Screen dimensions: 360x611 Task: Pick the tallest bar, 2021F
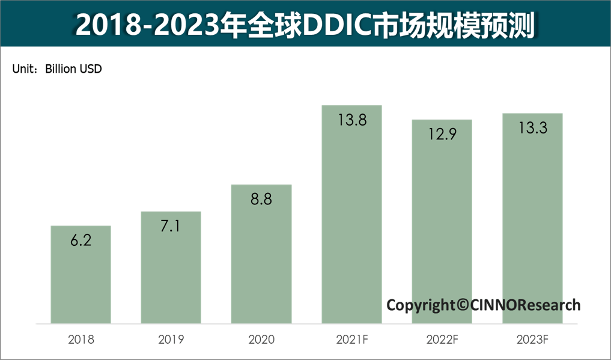[351, 216]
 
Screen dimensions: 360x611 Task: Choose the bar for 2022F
[442, 222]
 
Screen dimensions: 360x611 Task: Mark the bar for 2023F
[532, 219]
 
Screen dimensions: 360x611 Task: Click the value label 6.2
[81, 241]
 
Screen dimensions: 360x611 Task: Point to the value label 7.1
[171, 227]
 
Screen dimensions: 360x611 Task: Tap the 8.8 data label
[261, 200]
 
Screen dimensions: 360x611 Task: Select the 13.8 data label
[351, 120]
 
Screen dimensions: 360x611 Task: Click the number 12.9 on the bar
[442, 135]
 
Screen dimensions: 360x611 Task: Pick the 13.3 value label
[532, 128]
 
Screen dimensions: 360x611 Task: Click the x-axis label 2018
[81, 340]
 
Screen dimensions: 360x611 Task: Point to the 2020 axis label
[261, 340]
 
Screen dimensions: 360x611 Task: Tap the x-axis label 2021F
[351, 340]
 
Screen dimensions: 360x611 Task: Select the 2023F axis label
[532, 340]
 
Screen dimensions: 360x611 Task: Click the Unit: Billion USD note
[57, 69]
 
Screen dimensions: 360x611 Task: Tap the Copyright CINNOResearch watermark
[483, 305]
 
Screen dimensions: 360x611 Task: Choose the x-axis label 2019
[171, 340]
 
